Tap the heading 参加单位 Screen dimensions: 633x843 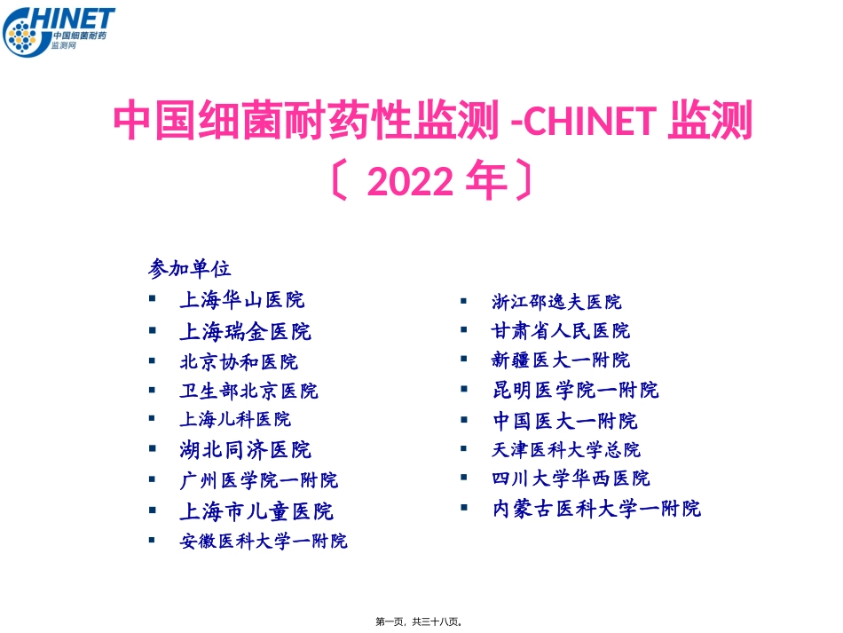[190, 267]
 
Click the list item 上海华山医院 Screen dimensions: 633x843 [241, 300]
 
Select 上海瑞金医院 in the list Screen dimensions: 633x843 [245, 332]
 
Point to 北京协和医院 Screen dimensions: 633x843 [239, 361]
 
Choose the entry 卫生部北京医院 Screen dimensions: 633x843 [248, 391]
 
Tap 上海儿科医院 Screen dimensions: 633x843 [235, 418]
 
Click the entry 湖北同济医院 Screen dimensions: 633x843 [245, 449]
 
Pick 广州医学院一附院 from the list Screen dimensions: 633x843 [258, 480]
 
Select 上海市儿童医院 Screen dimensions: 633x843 [256, 511]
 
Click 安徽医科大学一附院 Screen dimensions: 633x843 [264, 541]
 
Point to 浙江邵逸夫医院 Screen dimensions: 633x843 [556, 302]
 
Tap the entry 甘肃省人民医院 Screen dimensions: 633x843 [561, 331]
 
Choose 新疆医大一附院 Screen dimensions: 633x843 [561, 360]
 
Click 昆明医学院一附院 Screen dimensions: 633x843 [575, 390]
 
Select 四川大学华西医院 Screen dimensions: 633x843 [571, 479]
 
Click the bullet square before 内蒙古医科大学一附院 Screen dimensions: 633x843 [463, 508]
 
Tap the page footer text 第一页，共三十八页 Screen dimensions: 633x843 [421, 622]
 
